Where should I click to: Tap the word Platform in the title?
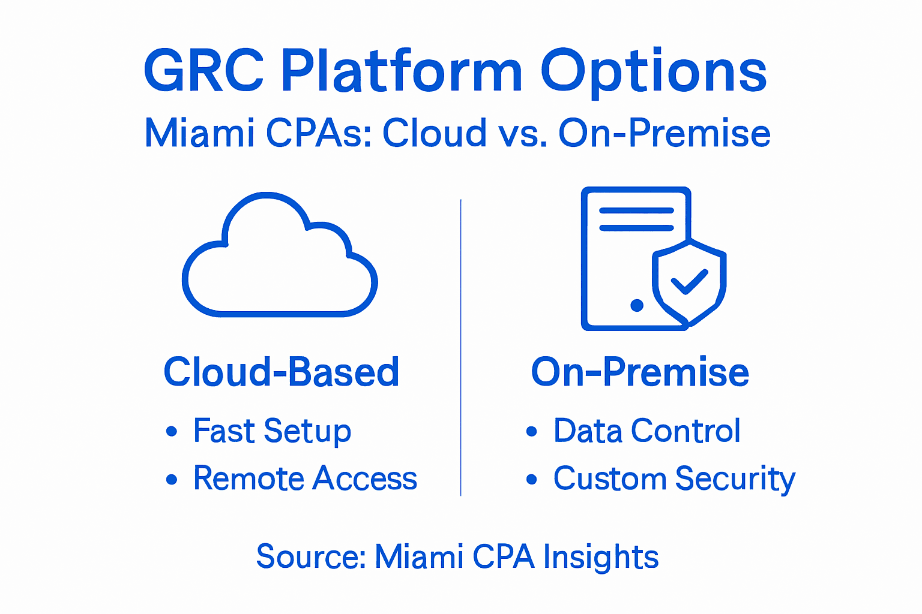[402, 71]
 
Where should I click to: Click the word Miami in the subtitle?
[200, 133]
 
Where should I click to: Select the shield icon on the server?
[689, 282]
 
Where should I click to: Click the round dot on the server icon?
[637, 305]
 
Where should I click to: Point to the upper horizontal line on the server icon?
[636, 211]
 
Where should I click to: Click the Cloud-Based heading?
[281, 372]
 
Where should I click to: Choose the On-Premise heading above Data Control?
[640, 372]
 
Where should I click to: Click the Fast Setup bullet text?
[272, 431]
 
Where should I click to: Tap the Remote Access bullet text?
[305, 478]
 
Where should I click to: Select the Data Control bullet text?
[646, 431]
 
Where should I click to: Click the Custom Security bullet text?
[674, 479]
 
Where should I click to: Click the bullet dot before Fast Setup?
[172, 431]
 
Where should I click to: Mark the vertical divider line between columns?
[460, 348]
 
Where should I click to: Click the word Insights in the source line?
[600, 557]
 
